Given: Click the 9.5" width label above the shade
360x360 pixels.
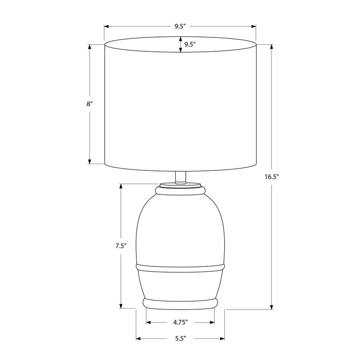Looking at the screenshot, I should pyautogui.click(x=180, y=27).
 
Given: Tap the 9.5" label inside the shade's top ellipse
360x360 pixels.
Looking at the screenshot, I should pyautogui.click(x=190, y=44).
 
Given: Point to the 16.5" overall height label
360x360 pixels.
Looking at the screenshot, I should pyautogui.click(x=272, y=177).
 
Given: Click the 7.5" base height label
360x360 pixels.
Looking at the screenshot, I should pyautogui.click(x=120, y=246).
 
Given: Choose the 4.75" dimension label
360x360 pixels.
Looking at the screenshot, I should pyautogui.click(x=180, y=322).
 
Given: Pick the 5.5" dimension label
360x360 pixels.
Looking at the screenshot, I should pyautogui.click(x=180, y=338).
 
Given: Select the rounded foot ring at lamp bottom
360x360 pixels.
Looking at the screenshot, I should pyautogui.click(x=180, y=302).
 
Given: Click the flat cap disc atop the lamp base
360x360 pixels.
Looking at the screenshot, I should pyautogui.click(x=180, y=184).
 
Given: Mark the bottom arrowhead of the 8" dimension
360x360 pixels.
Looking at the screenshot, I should pyautogui.click(x=89, y=162).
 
